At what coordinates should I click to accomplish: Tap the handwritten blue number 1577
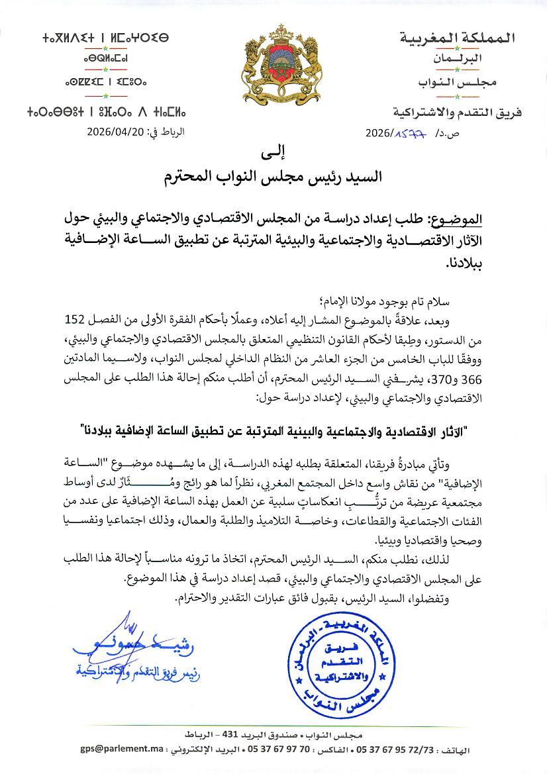pos(410,132)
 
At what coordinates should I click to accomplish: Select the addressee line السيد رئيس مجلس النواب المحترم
pos(273,177)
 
